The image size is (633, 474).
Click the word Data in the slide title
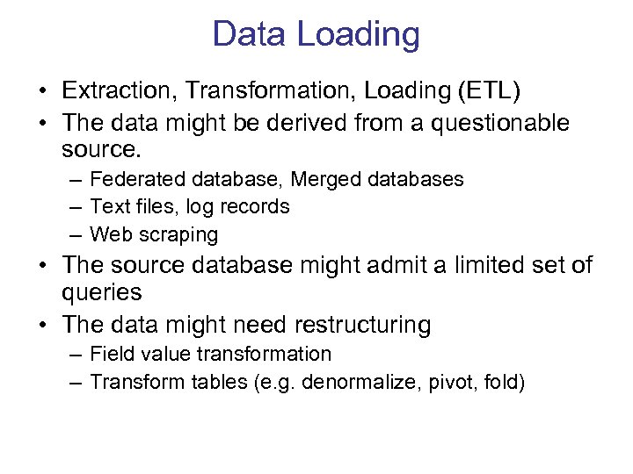[248, 35]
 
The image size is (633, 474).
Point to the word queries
[102, 293]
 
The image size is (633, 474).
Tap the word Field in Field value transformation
[110, 354]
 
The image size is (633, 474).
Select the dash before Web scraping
[75, 235]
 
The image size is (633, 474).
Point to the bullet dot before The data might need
[41, 326]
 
